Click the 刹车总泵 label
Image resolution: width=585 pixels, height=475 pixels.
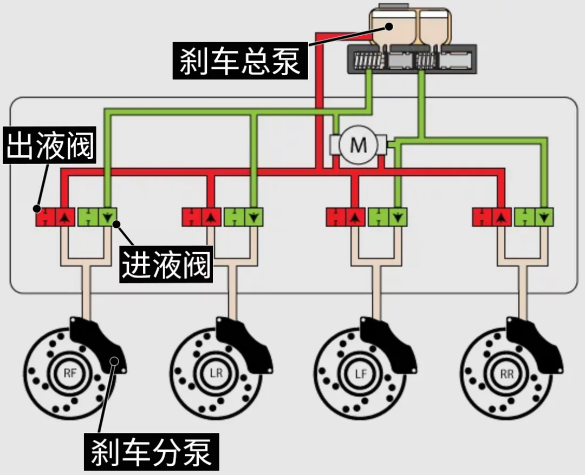[x=240, y=60]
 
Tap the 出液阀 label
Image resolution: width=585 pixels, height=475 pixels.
[x=50, y=144]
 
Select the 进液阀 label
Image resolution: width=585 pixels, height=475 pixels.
[x=166, y=263]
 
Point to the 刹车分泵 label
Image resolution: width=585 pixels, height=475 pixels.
[x=151, y=451]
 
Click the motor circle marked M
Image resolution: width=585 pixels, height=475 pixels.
[x=358, y=145]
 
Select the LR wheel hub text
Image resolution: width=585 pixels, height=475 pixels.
[x=217, y=373]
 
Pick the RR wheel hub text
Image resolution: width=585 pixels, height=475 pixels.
[x=508, y=373]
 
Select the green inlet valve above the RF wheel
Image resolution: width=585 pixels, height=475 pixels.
[x=98, y=217]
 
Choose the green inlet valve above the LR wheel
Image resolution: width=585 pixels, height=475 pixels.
[x=243, y=217]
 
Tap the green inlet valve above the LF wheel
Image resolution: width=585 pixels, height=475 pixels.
[x=388, y=217]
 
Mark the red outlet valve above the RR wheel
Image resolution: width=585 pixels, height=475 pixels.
[x=492, y=217]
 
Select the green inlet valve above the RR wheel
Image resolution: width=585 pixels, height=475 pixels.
[x=534, y=217]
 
